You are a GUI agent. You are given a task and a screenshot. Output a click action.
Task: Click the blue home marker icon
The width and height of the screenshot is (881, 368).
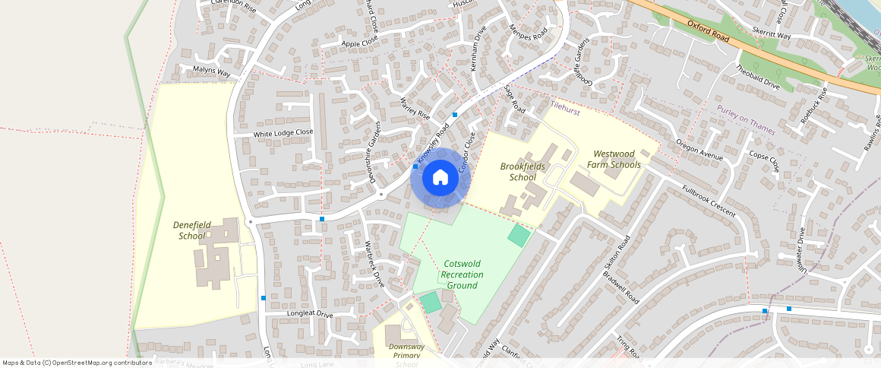point(440,178)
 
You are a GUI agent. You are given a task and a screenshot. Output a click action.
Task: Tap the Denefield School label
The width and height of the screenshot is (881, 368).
point(189,230)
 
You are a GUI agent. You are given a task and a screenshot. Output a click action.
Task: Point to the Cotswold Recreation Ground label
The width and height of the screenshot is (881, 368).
point(462,274)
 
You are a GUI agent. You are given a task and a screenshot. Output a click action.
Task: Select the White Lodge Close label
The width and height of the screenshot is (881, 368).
point(283,133)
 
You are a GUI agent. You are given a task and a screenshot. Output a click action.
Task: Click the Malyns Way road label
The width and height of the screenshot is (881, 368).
point(211,71)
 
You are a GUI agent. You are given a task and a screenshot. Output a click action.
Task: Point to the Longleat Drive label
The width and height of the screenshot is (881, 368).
point(310,314)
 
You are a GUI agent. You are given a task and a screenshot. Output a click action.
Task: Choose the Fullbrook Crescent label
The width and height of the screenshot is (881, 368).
point(709,201)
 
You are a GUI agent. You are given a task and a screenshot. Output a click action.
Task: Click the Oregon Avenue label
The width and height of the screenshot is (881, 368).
point(699,150)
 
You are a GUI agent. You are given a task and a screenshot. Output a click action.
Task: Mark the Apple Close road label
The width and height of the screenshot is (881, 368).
point(360,43)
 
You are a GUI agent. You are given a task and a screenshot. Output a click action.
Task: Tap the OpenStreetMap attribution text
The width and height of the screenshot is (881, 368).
point(77,363)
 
